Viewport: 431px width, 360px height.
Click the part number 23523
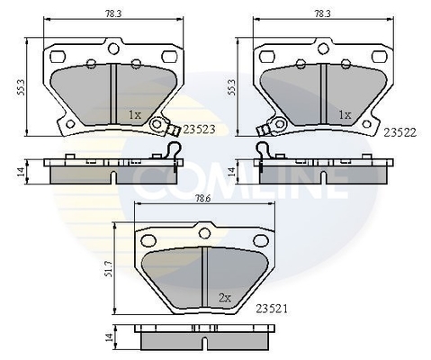(x=199, y=130)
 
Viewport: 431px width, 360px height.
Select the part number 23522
(x=399, y=131)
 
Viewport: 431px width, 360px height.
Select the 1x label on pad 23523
(x=134, y=115)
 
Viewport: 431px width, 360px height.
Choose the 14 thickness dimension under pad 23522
(x=232, y=171)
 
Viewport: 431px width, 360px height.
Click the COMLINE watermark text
(x=240, y=184)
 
